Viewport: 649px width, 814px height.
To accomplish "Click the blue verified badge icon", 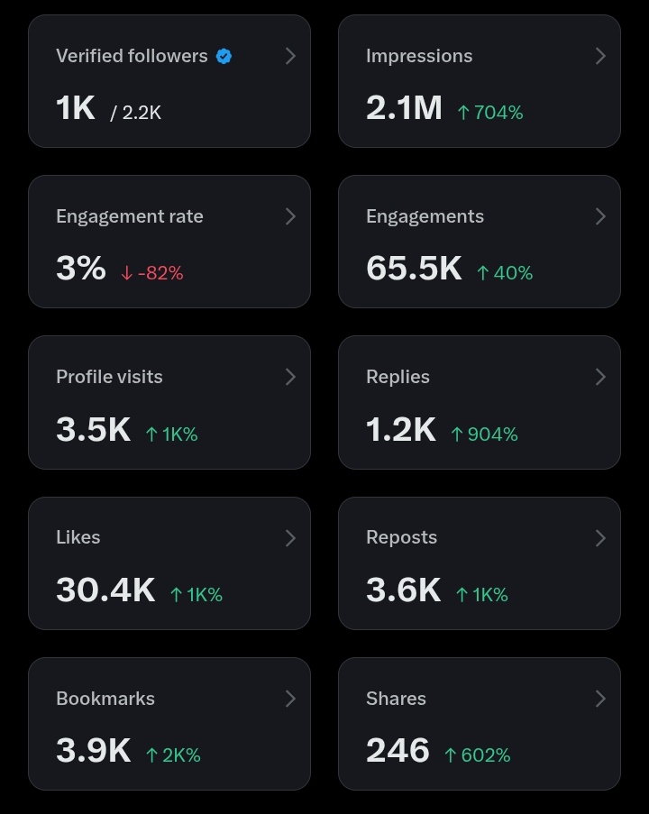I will point(224,56).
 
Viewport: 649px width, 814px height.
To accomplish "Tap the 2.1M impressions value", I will point(404,108).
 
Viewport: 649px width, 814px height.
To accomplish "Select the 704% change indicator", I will point(489,113).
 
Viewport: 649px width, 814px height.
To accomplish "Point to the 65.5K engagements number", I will point(414,269).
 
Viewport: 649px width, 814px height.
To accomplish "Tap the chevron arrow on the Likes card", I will point(290,538).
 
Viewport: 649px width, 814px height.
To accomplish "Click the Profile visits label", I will point(109,377).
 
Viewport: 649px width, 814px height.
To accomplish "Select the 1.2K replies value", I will point(400,430).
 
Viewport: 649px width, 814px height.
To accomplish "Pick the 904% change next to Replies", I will point(484,434).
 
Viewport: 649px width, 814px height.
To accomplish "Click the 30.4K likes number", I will point(105,590).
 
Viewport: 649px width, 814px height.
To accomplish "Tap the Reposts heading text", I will point(401,537).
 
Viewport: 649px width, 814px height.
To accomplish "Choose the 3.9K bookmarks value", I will point(93,751).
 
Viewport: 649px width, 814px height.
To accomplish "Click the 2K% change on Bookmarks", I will point(173,755).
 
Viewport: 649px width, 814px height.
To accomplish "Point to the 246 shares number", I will point(398,751).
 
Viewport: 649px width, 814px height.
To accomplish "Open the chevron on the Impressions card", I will point(600,56).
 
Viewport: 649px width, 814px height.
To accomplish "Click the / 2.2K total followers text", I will point(136,113).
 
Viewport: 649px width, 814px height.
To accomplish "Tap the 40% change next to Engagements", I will point(504,273).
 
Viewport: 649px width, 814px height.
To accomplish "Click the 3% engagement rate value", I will point(80,269).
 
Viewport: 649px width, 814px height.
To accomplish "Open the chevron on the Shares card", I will point(600,699).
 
